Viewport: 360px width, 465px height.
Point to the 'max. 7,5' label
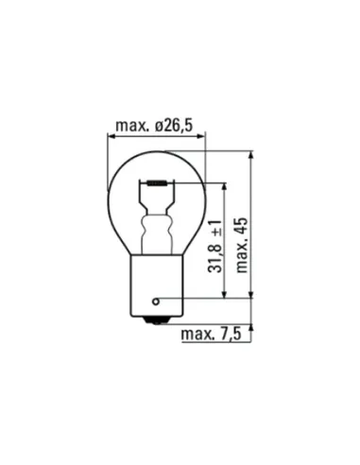[x=214, y=335]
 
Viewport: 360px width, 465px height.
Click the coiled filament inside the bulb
[x=157, y=182]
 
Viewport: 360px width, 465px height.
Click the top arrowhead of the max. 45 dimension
[x=252, y=152]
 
